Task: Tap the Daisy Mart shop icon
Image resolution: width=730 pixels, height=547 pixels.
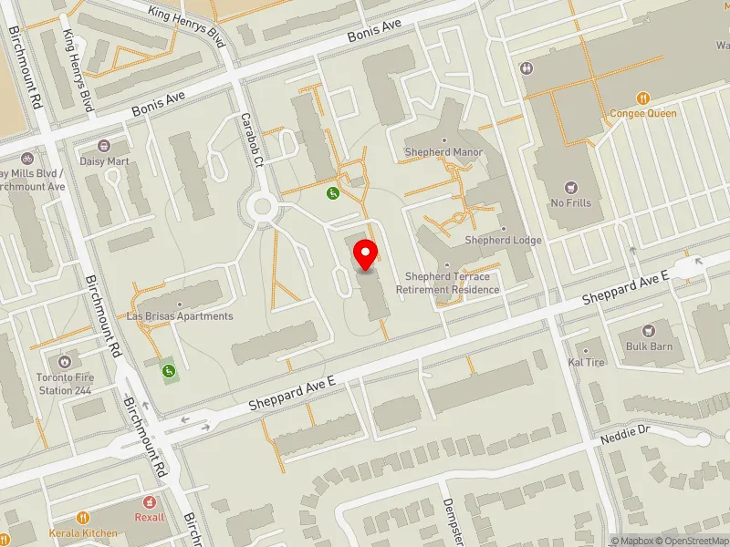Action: point(103,146)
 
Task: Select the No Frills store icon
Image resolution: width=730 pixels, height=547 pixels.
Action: point(572,186)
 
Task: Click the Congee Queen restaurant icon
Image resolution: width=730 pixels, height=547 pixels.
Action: point(643,98)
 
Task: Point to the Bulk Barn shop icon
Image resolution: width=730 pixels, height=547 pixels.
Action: point(649,330)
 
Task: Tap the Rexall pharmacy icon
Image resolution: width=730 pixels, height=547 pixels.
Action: point(151,502)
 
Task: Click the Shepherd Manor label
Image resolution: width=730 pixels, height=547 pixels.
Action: point(443,151)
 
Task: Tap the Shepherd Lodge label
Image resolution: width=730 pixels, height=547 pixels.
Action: point(503,240)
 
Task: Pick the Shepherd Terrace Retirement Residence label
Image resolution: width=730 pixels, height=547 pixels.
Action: point(447,283)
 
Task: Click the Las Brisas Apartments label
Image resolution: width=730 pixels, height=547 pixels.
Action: point(180,315)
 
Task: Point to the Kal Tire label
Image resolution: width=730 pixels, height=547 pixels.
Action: point(587,362)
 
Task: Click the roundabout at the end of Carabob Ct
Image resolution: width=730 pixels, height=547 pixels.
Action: point(263,207)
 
